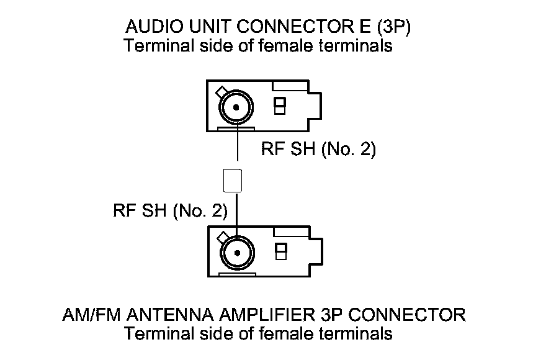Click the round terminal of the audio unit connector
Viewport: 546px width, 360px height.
coord(236,108)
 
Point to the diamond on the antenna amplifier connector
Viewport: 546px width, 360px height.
coord(221,237)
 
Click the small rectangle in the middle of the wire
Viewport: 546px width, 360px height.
coord(231,181)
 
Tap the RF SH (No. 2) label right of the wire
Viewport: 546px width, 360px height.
coord(318,150)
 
